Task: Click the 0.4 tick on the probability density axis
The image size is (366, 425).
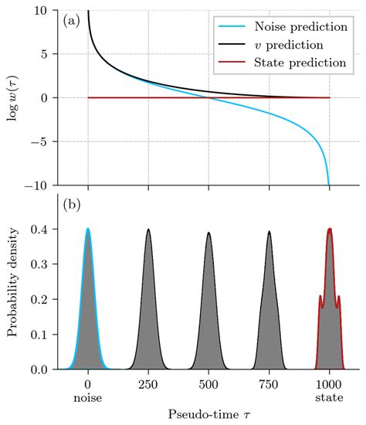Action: point(39,229)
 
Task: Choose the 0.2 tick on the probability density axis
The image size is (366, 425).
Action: point(39,299)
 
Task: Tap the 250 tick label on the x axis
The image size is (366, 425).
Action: point(148,384)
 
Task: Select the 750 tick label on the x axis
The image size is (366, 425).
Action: point(269,384)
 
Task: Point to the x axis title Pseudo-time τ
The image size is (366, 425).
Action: point(208,415)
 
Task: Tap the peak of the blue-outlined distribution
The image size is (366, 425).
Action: point(88,229)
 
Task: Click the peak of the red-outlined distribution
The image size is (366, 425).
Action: point(330,229)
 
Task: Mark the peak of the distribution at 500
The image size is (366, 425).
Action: point(208,233)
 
